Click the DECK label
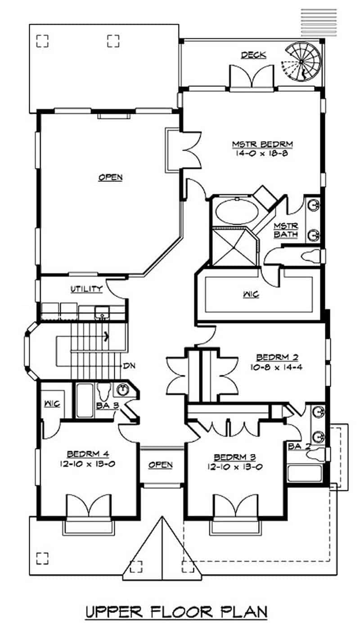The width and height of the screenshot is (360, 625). [x=253, y=55]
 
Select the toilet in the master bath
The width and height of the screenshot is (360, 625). [x=313, y=257]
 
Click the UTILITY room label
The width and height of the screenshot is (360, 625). [x=86, y=289]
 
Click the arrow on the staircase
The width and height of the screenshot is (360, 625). [x=107, y=335]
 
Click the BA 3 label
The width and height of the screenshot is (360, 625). [x=107, y=405]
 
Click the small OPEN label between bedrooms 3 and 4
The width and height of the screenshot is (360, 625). [x=161, y=465]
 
